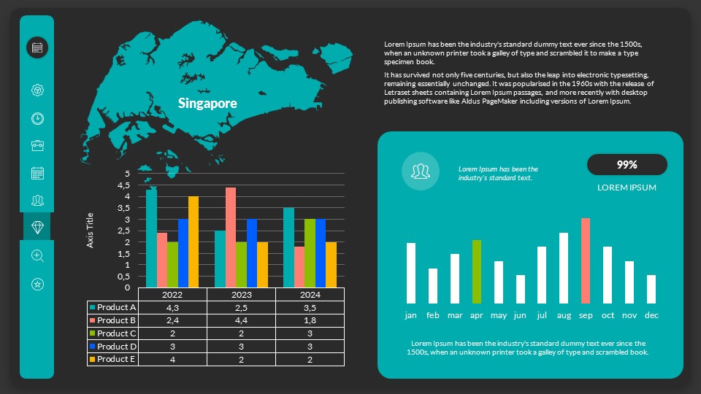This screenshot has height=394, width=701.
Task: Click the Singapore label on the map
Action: (207, 104)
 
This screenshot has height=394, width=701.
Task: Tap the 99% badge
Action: (627, 165)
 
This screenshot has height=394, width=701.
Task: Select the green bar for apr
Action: (476, 271)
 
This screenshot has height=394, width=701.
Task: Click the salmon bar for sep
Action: (586, 260)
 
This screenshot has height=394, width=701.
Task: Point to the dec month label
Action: (651, 315)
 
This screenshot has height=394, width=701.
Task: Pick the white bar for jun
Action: (520, 289)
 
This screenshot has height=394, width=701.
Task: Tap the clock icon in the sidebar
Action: (37, 118)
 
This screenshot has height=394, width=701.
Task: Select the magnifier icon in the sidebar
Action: (37, 255)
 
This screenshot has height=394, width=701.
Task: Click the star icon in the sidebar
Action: (37, 284)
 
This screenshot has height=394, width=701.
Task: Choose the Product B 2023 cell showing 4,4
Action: (241, 320)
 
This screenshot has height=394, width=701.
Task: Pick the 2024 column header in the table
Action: (310, 294)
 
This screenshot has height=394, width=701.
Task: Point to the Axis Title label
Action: (91, 230)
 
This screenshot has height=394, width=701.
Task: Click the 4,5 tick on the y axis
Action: (124, 185)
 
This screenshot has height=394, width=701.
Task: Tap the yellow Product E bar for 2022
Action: (194, 242)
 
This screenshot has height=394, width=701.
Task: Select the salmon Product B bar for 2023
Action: (231, 237)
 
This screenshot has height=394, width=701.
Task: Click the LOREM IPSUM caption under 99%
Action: (627, 188)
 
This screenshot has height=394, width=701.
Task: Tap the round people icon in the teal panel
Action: (420, 171)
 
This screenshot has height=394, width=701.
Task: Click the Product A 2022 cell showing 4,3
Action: (172, 307)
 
